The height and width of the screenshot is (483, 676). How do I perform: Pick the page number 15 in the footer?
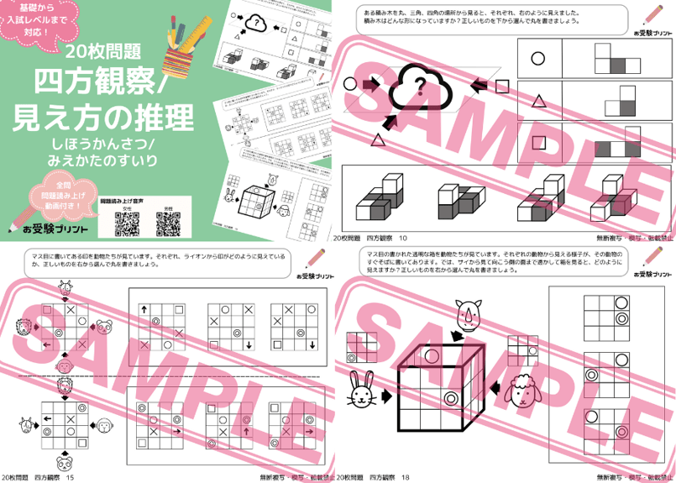[71, 476]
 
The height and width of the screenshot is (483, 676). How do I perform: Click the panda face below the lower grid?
[64, 461]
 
